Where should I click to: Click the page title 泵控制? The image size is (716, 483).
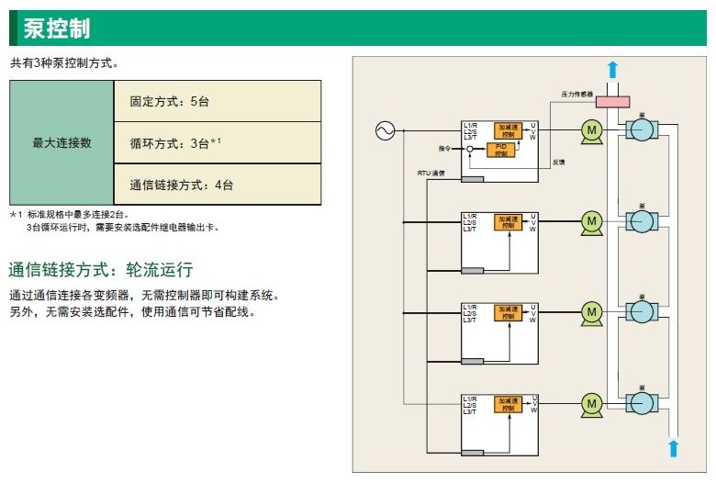[x=57, y=28]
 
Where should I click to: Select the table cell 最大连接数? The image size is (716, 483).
[x=62, y=143]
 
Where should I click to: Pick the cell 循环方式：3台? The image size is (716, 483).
[x=175, y=143]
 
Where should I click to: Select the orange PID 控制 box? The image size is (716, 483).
[x=501, y=150]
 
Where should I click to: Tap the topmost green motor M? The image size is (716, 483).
[x=591, y=131]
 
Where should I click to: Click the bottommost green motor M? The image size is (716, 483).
[x=591, y=403]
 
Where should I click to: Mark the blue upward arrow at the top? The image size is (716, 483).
[x=613, y=70]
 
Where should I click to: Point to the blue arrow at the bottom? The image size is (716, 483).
[x=673, y=448]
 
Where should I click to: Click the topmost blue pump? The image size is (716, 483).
[x=643, y=131]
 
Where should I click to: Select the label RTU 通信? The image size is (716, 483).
[x=430, y=172]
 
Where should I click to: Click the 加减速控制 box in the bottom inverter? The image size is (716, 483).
[x=508, y=404]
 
